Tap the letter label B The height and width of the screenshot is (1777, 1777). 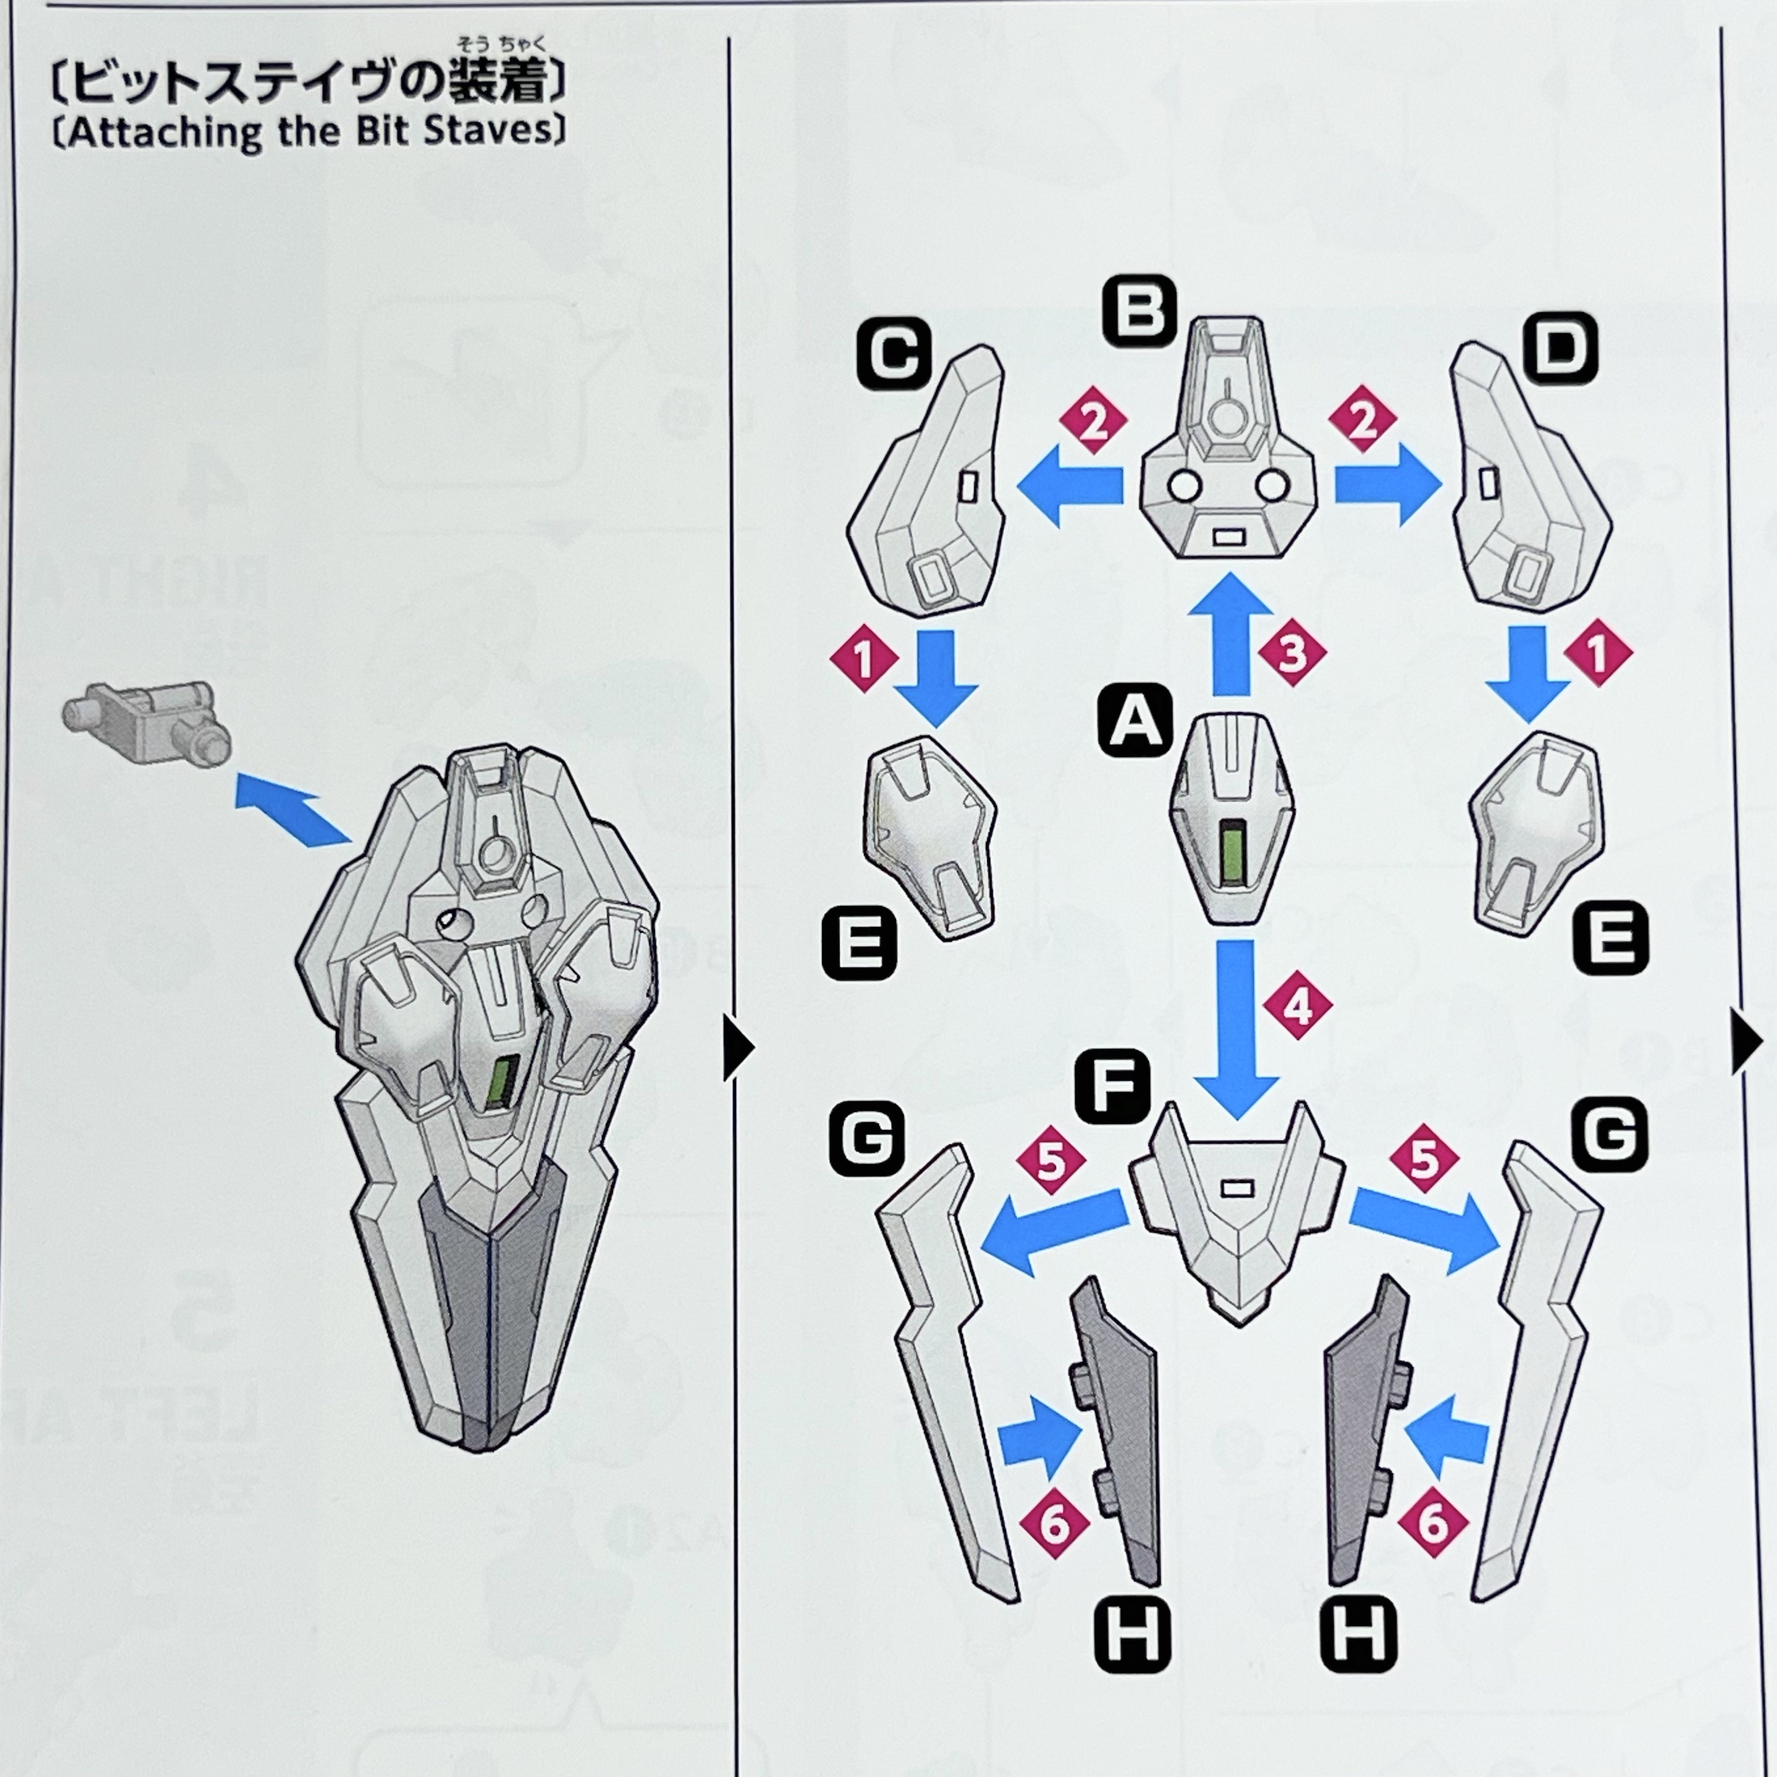pyautogui.click(x=1141, y=312)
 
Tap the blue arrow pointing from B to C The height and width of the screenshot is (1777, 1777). pyautogui.click(x=1069, y=485)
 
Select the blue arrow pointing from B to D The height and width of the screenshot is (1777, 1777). pyautogui.click(x=1387, y=485)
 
